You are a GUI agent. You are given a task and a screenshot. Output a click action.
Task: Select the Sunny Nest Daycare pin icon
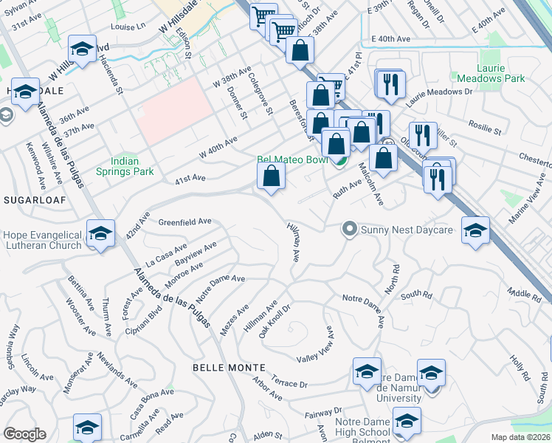point(350,230)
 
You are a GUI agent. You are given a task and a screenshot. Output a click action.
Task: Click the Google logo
point(24,434)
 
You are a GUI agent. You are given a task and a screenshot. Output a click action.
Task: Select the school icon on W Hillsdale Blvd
point(81,50)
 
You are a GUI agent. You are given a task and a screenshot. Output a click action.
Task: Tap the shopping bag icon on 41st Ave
point(272,176)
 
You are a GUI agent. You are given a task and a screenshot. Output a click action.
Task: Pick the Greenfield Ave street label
point(185,221)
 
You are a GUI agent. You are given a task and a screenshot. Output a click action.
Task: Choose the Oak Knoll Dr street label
point(275,318)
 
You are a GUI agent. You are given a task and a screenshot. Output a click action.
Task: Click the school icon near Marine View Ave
point(476,231)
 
